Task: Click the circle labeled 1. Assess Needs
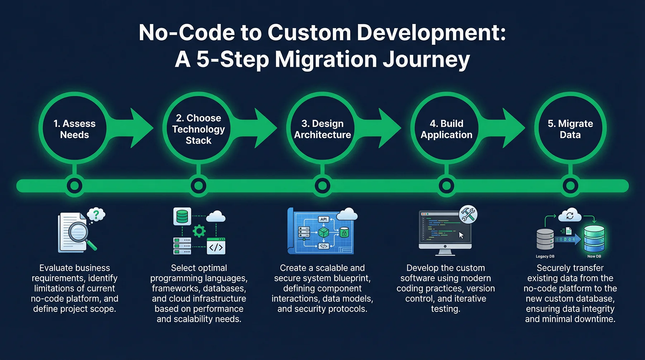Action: click(75, 129)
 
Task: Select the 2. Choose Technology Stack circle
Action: click(199, 129)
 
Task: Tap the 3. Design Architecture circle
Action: click(322, 129)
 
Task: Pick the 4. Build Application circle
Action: click(446, 129)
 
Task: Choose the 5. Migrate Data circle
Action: click(570, 129)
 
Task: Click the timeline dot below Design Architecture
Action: click(322, 186)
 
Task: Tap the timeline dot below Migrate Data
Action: click(570, 186)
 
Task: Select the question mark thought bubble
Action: click(96, 215)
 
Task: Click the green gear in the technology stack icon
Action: click(199, 231)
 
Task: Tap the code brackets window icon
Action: click(216, 246)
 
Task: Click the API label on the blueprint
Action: click(324, 219)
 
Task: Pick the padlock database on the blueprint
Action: click(344, 233)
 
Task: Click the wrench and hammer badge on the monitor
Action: click(468, 215)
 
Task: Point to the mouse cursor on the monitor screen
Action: click(461, 235)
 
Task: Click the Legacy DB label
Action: click(545, 256)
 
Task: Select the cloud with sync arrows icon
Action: click(570, 216)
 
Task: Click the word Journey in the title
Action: click(426, 59)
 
